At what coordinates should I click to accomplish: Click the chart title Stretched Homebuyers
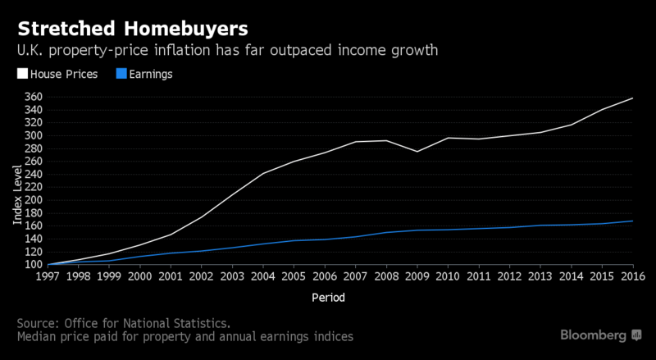pos(130,30)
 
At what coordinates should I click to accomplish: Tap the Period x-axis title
pos(327,296)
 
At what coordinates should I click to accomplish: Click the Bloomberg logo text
pos(594,335)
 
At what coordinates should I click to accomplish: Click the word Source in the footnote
pos(37,321)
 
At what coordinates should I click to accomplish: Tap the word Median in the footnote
pos(38,336)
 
